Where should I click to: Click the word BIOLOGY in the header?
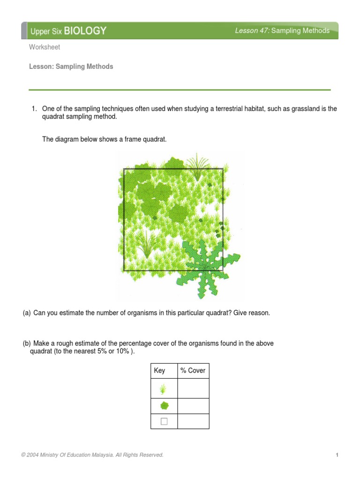pyautogui.click(x=85, y=31)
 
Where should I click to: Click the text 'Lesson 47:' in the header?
pyautogui.click(x=253, y=31)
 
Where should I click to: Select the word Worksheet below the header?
pyautogui.click(x=45, y=47)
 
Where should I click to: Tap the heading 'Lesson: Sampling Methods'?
pyautogui.click(x=71, y=67)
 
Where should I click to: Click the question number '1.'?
pyautogui.click(x=34, y=109)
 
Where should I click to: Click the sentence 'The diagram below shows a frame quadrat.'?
pyautogui.click(x=104, y=139)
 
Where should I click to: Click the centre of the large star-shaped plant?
pyautogui.click(x=205, y=266)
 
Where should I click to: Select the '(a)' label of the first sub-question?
pyautogui.click(x=27, y=313)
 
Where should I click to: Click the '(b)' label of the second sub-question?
pyautogui.click(x=27, y=344)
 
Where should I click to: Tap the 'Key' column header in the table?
pyautogui.click(x=159, y=370)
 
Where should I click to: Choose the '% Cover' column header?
pyautogui.click(x=193, y=370)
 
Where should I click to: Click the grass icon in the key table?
pyautogui.click(x=163, y=389)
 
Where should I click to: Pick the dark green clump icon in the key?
pyautogui.click(x=164, y=405)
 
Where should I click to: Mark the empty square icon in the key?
pyautogui.click(x=164, y=421)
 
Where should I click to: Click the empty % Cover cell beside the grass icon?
pyautogui.click(x=193, y=389)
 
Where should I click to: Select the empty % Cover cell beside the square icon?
pyautogui.click(x=193, y=421)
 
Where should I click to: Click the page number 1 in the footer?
pyautogui.click(x=337, y=455)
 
